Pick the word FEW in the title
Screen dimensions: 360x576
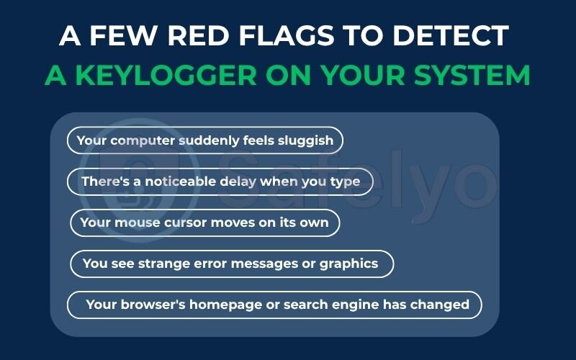point(115,35)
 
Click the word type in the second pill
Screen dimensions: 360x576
point(345,181)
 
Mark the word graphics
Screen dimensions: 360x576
point(349,264)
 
